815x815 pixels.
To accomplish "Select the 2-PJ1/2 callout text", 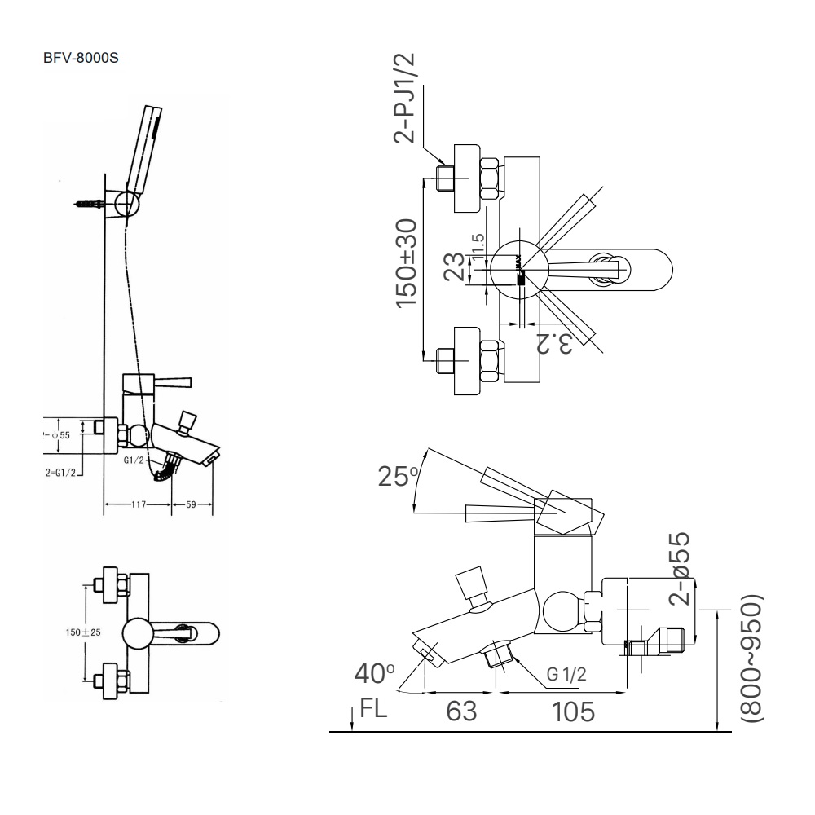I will tap(406, 97).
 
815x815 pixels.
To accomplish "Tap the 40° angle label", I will tap(375, 674).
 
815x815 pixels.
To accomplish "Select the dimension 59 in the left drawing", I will tap(192, 505).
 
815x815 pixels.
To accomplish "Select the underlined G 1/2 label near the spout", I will tap(566, 675).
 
